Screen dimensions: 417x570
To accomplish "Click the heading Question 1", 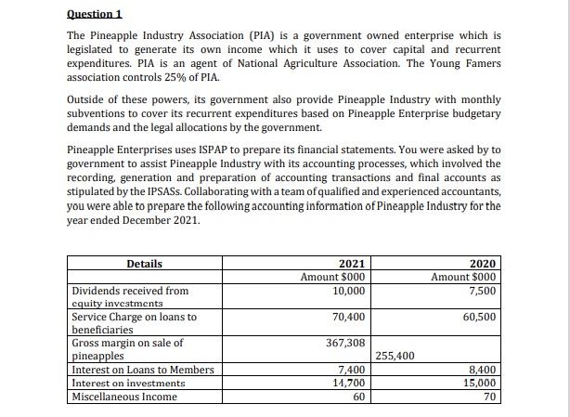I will click(95, 14).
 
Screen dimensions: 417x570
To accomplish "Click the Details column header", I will click(144, 264).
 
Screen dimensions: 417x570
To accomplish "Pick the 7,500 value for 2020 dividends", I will click(483, 291).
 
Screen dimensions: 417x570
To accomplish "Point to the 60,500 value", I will click(480, 317).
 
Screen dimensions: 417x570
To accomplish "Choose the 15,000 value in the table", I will click(480, 383).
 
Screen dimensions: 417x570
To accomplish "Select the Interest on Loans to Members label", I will click(142, 370).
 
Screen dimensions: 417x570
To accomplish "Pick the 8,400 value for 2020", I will click(483, 370).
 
